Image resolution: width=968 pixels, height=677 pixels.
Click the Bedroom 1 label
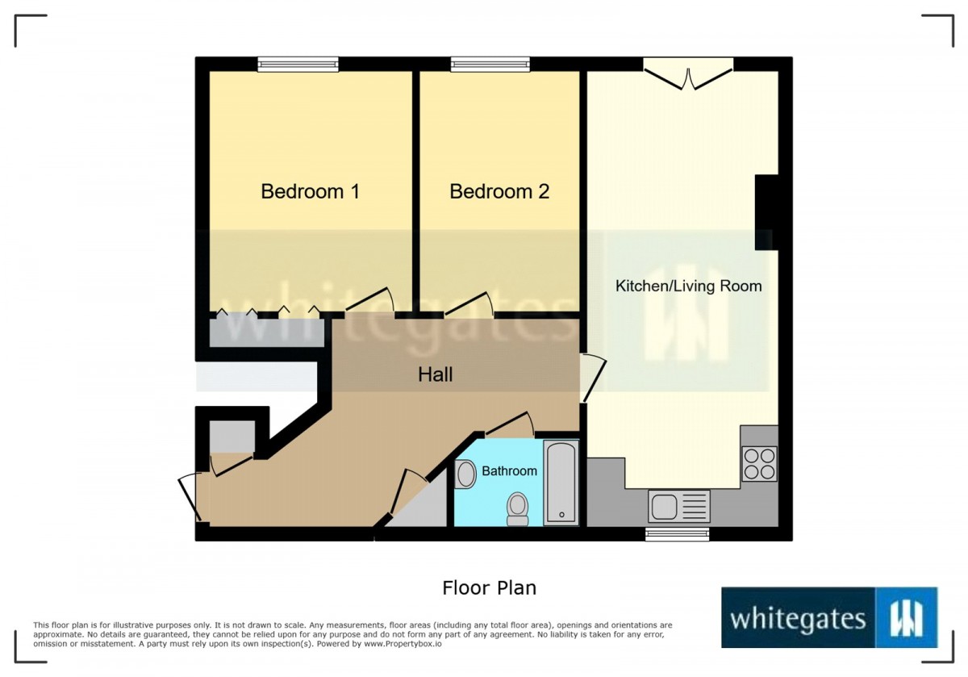(x=311, y=191)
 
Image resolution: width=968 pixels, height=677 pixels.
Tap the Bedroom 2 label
(x=499, y=191)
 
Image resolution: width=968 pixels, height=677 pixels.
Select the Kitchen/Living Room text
(x=688, y=286)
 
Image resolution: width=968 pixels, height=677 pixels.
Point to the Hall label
(x=435, y=374)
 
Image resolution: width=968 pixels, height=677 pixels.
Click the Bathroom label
(x=509, y=470)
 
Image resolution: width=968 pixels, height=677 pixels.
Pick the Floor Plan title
(x=489, y=588)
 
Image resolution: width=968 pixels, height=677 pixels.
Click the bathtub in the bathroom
(x=561, y=483)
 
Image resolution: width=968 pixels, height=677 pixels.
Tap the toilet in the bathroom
(x=517, y=509)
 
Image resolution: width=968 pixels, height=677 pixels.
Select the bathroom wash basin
(x=465, y=474)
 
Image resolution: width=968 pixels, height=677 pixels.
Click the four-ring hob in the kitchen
(x=759, y=464)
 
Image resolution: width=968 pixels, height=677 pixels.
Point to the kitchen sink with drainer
(x=679, y=506)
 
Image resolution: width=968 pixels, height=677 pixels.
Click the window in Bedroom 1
(x=298, y=65)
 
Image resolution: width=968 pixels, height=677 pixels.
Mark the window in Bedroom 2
(x=490, y=65)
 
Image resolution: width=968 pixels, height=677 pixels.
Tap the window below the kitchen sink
(x=677, y=534)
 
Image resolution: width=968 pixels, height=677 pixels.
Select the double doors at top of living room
(x=688, y=73)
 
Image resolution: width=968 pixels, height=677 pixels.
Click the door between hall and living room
(x=592, y=378)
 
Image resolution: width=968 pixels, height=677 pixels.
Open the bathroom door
(x=510, y=424)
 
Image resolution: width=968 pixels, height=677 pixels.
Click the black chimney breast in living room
(x=766, y=212)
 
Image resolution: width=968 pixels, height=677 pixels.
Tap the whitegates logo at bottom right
(x=829, y=617)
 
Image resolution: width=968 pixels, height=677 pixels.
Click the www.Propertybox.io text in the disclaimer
(x=403, y=644)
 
